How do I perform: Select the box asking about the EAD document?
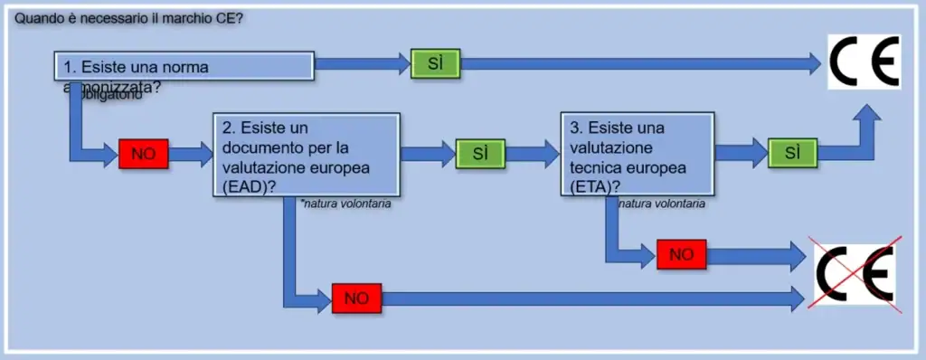[307, 154]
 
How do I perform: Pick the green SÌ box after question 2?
[480, 154]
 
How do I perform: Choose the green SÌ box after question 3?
[793, 154]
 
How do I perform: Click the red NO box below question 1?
[143, 154]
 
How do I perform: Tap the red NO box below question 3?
[681, 255]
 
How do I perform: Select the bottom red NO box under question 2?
[356, 298]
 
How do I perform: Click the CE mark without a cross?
[864, 61]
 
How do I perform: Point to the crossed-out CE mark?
[855, 273]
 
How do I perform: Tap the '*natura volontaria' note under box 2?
[347, 204]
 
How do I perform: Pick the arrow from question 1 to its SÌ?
[362, 62]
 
